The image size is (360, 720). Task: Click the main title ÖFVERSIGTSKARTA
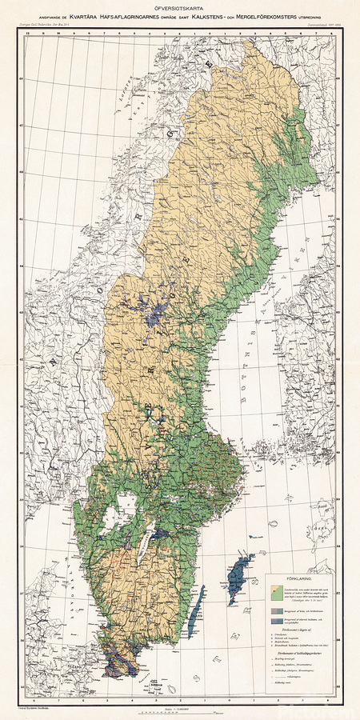coord(180,9)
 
